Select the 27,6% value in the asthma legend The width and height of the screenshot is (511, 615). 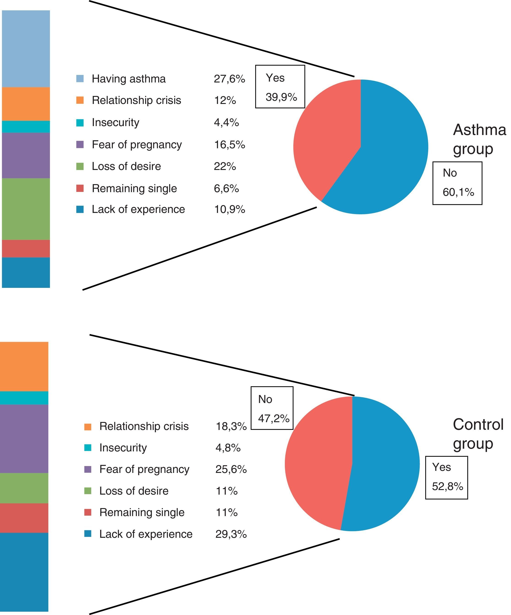point(229,79)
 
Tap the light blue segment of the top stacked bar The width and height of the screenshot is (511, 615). point(26,49)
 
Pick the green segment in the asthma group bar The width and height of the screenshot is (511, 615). point(26,209)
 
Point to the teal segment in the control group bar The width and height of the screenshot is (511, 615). point(24,398)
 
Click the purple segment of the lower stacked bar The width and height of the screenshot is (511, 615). point(24,438)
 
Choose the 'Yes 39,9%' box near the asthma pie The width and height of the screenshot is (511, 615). point(280,87)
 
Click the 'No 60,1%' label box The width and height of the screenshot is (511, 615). point(457,183)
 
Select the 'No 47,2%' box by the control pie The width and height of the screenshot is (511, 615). point(272,408)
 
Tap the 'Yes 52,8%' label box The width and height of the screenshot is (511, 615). point(446,477)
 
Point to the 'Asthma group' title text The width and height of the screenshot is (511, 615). point(479,139)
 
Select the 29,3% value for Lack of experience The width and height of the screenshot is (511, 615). point(231,534)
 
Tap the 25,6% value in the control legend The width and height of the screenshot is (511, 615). point(231,469)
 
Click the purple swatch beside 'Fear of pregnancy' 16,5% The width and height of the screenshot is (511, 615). point(80,144)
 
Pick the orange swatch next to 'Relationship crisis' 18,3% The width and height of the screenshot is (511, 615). point(88,427)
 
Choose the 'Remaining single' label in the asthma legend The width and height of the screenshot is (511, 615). point(134,188)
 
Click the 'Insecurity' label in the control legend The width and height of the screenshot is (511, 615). point(123,448)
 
